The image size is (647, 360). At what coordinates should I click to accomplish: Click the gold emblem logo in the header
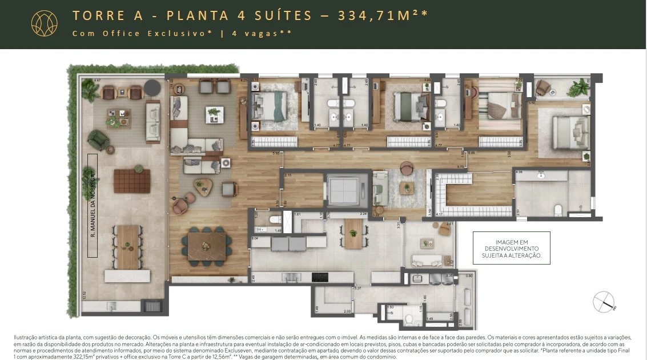coord(44,23)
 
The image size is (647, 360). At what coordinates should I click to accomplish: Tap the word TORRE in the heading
coord(95,15)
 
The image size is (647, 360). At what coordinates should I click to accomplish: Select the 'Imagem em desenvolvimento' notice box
coord(511,248)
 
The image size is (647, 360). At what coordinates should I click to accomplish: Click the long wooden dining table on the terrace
coord(127,246)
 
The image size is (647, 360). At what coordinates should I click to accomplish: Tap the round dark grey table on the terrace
coord(152,88)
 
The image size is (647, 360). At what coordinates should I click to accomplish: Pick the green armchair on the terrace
coord(99,139)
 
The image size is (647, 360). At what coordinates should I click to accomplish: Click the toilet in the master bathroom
coord(559,210)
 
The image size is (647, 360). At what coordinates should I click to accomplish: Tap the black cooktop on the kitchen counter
coord(320,278)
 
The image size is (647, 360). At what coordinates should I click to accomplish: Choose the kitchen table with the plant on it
coord(353,233)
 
